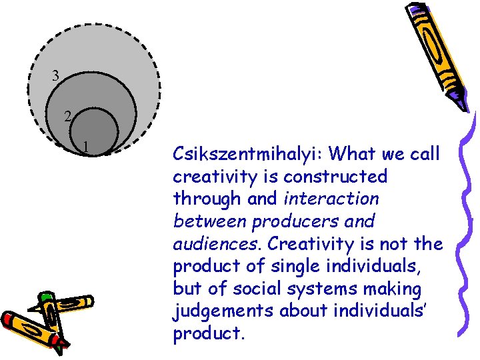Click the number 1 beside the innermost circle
(x=86, y=146)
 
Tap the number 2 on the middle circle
(x=68, y=117)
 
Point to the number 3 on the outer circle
(x=56, y=77)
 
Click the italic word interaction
(x=331, y=199)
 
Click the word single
(x=297, y=266)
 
